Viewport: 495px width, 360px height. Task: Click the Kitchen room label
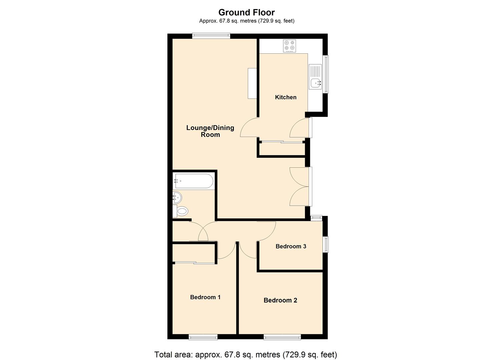click(x=285, y=97)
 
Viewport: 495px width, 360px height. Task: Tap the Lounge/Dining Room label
click(x=210, y=131)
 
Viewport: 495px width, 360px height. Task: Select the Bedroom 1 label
click(x=205, y=297)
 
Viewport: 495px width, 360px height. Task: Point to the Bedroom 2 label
click(x=280, y=300)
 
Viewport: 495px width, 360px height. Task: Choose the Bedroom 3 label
click(x=291, y=246)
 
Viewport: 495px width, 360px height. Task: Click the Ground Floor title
click(x=246, y=12)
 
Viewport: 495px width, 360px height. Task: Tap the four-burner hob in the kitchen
click(x=289, y=46)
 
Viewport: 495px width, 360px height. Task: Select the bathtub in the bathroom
click(x=194, y=181)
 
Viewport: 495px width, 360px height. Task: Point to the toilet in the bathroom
click(x=182, y=211)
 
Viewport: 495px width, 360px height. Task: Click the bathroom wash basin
click(x=177, y=198)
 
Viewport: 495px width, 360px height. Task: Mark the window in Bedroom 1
click(x=203, y=337)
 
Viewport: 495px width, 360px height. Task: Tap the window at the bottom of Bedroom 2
click(x=282, y=337)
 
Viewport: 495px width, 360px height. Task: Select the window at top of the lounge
click(x=211, y=35)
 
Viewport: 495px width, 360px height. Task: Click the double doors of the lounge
click(x=300, y=186)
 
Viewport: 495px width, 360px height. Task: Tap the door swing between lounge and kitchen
click(x=249, y=128)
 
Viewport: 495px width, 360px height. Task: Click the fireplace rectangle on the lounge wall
click(x=252, y=83)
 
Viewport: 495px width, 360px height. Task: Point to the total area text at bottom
click(x=246, y=354)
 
